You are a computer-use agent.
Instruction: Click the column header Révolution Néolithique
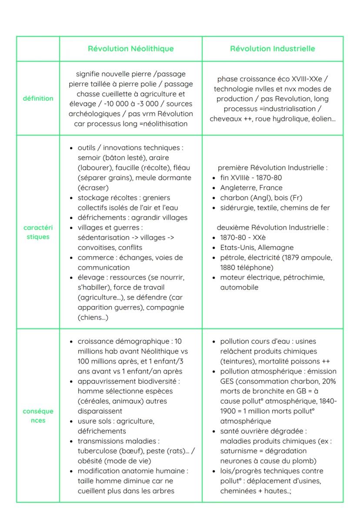point(130,49)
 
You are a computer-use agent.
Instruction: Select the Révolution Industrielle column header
point(273,49)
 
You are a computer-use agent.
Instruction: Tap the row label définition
point(38,98)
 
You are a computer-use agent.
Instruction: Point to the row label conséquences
point(38,416)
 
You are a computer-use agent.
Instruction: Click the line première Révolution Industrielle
point(273,168)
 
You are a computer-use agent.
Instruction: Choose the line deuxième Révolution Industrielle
point(273,228)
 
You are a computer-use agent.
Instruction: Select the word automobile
point(239,287)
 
